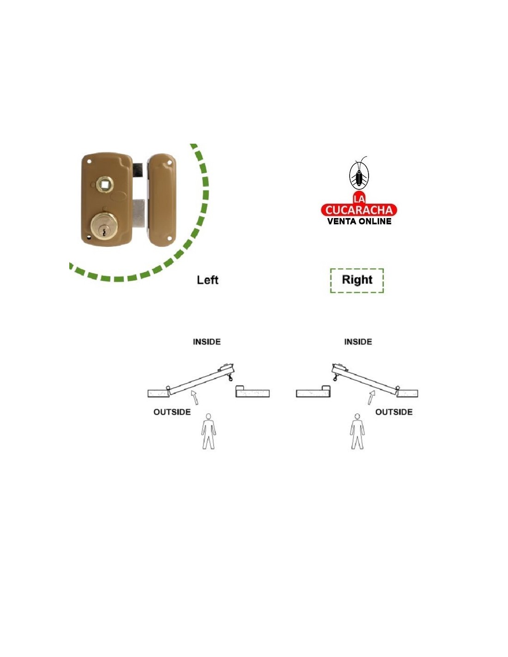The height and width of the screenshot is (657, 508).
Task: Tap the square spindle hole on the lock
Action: pos(105,183)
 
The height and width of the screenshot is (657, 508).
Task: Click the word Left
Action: pos(207,280)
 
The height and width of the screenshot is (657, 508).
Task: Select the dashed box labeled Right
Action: pos(357,280)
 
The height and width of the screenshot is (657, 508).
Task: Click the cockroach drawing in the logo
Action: pos(359,173)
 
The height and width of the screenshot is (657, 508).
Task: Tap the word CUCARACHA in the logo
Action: pos(359,210)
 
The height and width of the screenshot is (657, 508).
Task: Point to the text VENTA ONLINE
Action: pos(359,221)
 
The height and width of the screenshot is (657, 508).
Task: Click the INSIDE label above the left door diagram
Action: pos(207,341)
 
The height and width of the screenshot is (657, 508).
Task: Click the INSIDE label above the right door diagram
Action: pos(358,341)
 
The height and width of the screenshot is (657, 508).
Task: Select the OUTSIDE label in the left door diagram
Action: pos(172,412)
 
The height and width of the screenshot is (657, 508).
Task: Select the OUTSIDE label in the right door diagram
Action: pos(394,412)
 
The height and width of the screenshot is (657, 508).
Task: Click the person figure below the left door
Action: pos(209,432)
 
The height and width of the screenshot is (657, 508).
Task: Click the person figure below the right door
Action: pos(357,432)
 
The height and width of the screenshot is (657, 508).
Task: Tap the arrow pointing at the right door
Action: pos(371,397)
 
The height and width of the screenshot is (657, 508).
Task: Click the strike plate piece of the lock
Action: pos(162,200)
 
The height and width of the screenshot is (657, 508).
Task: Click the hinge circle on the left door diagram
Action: pos(168,388)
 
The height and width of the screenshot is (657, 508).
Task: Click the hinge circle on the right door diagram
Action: pos(398,388)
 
